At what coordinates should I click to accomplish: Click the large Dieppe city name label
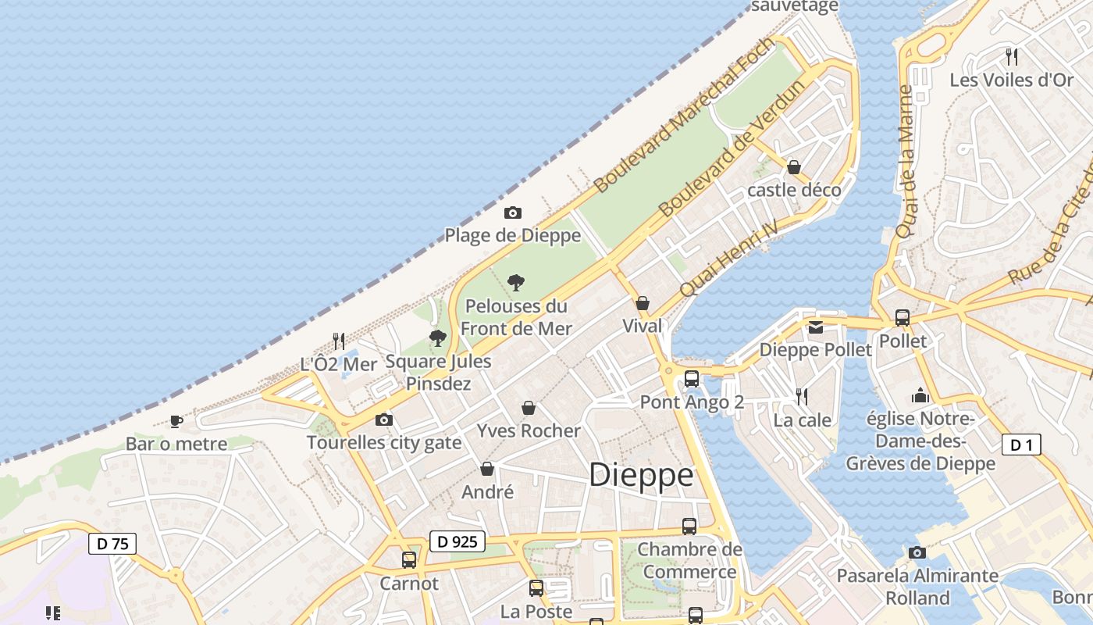tap(641, 475)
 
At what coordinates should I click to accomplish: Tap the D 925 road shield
tap(457, 541)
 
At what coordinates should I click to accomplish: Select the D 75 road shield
tap(113, 544)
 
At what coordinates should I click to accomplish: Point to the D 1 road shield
tap(1021, 445)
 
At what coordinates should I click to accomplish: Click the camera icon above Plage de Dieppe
tap(512, 212)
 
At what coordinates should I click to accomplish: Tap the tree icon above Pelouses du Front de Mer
tap(515, 282)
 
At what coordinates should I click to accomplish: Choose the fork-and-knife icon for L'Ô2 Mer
tap(339, 341)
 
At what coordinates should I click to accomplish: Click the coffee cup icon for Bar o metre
tap(176, 421)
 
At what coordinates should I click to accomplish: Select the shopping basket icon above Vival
tap(643, 303)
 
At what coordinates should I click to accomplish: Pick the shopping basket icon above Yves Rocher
tap(529, 408)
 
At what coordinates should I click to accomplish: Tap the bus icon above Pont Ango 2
tap(691, 379)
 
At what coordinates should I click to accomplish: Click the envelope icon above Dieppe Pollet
tap(816, 327)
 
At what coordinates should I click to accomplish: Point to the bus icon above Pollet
tap(903, 318)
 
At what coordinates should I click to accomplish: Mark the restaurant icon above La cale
tap(802, 396)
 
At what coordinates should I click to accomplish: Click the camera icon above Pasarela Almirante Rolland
tap(917, 553)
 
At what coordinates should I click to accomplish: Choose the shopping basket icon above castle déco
tap(794, 167)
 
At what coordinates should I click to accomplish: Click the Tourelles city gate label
tap(384, 443)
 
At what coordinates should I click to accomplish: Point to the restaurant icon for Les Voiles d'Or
tap(1012, 56)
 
